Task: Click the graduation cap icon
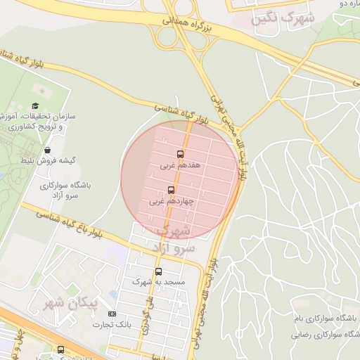click(x=35, y=105)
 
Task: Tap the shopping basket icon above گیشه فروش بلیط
click(x=47, y=149)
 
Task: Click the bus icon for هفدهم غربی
click(x=180, y=154)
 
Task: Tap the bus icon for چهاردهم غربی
click(x=172, y=190)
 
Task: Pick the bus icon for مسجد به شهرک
click(x=157, y=271)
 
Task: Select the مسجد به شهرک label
click(x=158, y=281)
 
